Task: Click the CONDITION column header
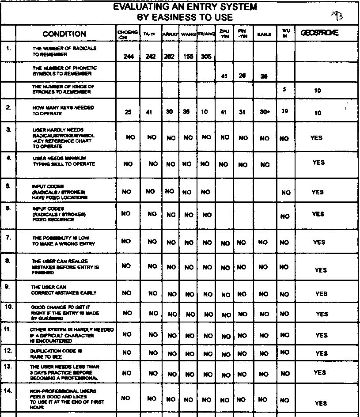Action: click(64, 34)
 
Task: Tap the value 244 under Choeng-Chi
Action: click(129, 57)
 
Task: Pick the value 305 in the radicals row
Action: click(205, 57)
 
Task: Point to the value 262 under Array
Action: click(169, 57)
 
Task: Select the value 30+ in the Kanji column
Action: click(265, 112)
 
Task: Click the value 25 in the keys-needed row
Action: click(128, 112)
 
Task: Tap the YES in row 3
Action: click(316, 138)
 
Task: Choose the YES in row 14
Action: click(321, 403)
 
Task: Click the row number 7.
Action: click(8, 238)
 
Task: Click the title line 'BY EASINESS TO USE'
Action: click(185, 18)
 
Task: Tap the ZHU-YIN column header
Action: click(224, 34)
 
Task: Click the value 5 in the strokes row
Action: click(284, 89)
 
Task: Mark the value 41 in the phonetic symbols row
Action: click(224, 76)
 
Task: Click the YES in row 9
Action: click(321, 294)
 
